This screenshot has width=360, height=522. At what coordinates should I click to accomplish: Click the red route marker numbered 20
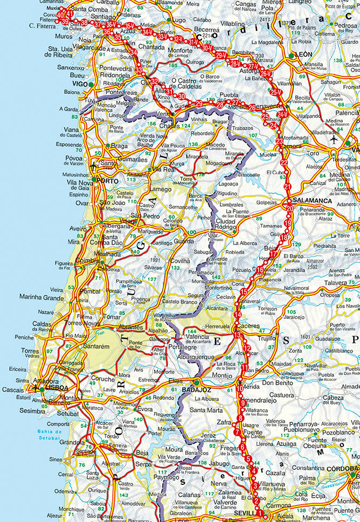coord(290,208)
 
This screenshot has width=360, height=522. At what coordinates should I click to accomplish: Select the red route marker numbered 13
coord(237,335)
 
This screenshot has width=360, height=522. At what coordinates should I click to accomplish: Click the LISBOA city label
coord(56,387)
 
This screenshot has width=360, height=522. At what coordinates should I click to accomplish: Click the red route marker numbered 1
coord(259,513)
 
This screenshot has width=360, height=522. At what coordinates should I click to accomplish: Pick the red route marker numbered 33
coord(139,71)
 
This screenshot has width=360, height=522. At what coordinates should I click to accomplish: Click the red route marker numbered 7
coord(237,431)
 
